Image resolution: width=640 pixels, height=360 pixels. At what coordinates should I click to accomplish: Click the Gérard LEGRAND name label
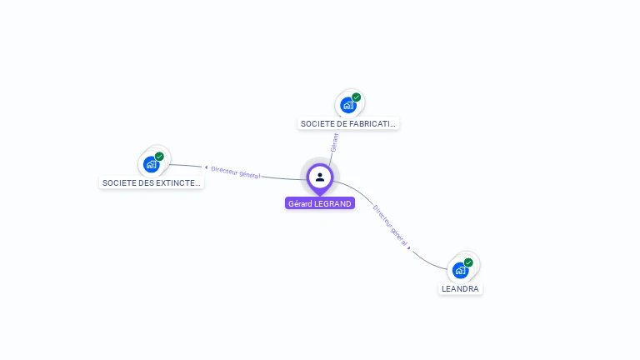click(x=320, y=203)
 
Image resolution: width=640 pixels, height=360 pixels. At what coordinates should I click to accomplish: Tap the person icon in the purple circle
click(x=320, y=177)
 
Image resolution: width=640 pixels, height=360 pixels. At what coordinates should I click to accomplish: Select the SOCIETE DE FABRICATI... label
click(x=348, y=123)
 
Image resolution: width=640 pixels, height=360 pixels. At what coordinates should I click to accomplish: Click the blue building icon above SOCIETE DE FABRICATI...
click(x=347, y=106)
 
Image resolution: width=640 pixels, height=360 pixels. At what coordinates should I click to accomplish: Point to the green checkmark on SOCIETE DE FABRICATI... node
click(x=357, y=97)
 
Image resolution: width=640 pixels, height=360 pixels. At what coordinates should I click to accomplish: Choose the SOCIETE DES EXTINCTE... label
click(x=151, y=182)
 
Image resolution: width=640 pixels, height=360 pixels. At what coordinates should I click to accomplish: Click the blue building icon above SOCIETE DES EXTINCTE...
click(x=151, y=164)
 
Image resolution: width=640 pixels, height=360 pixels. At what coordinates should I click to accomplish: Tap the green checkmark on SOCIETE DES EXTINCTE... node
click(x=159, y=157)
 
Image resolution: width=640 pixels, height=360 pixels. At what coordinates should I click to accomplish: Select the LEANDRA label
click(x=460, y=288)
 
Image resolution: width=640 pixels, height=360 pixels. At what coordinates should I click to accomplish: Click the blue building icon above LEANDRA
click(x=460, y=270)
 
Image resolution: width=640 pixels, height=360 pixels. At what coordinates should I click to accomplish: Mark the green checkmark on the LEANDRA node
click(x=468, y=262)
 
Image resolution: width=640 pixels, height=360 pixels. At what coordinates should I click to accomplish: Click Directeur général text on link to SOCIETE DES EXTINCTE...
click(x=236, y=172)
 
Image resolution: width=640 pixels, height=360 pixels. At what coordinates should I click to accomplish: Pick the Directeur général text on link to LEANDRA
click(x=389, y=224)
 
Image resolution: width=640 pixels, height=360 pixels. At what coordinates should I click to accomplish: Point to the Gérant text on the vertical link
click(x=334, y=142)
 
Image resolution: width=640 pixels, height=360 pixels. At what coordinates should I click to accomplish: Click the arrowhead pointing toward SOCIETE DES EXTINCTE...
click(x=206, y=167)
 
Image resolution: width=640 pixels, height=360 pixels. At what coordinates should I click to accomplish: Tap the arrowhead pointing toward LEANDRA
click(x=409, y=247)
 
